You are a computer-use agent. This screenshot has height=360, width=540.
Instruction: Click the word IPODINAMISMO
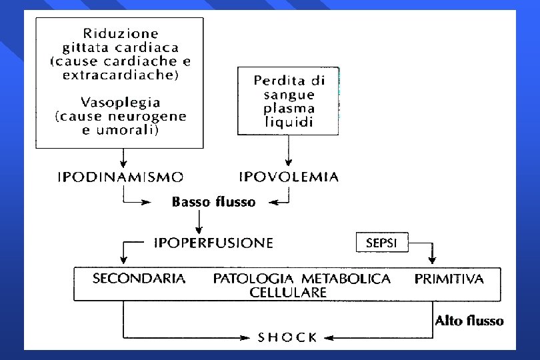click(121, 177)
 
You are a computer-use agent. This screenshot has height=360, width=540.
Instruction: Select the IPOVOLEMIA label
click(289, 177)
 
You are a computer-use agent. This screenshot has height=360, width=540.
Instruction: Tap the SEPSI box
click(381, 243)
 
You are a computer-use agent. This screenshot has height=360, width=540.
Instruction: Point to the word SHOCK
click(287, 337)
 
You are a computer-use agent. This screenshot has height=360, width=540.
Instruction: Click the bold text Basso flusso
click(213, 201)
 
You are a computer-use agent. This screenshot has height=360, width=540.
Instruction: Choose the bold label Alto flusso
click(469, 321)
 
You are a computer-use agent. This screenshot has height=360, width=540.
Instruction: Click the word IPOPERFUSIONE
click(213, 243)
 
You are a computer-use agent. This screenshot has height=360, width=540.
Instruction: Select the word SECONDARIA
click(139, 279)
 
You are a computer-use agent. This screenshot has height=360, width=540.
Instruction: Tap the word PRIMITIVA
click(449, 279)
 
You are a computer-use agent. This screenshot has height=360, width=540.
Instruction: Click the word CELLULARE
click(288, 292)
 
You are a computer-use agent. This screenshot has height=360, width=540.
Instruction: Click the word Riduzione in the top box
click(121, 33)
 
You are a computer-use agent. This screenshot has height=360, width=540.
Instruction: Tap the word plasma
click(289, 109)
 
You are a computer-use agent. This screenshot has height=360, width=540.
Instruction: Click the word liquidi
click(289, 122)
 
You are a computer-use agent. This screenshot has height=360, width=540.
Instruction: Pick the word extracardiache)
click(120, 75)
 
